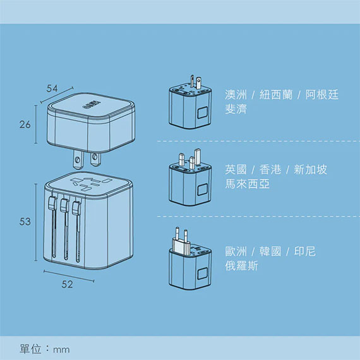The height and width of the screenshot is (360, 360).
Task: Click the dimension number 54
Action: [x=52, y=88]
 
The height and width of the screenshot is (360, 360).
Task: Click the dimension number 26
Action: [x=25, y=124]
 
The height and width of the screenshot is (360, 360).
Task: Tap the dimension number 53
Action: [x=25, y=222]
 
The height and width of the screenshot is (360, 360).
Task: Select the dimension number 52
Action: [x=68, y=284]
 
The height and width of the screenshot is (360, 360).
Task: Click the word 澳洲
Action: [x=236, y=95]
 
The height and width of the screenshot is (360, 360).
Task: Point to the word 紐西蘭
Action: [x=276, y=95]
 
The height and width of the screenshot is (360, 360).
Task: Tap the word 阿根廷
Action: [x=322, y=95]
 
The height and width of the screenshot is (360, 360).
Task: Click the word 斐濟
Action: [x=236, y=109]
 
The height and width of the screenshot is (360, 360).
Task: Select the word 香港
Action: [x=270, y=170]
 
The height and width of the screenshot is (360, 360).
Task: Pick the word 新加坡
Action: [x=310, y=170]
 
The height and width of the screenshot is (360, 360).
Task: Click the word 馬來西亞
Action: [x=248, y=184]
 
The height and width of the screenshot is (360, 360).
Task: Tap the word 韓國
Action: [x=270, y=251]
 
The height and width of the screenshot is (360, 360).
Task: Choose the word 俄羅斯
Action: [x=241, y=266]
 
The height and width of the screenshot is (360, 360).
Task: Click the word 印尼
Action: [x=304, y=251]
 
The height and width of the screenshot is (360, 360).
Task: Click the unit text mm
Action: [x=61, y=350]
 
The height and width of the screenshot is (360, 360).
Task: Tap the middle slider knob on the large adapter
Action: [x=64, y=205]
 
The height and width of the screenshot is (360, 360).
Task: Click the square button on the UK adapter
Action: [x=203, y=189]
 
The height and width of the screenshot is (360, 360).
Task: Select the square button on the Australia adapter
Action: [x=203, y=112]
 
